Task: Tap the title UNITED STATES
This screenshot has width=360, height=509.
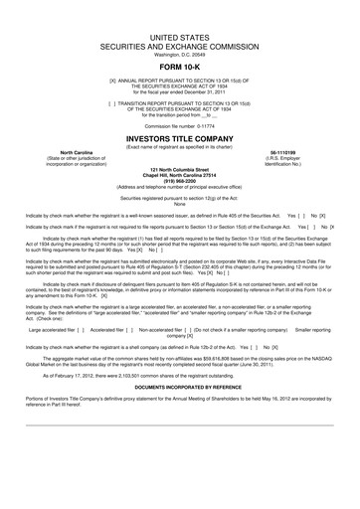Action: [x=179, y=34]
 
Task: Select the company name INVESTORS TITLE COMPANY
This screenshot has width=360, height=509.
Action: [x=179, y=140]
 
